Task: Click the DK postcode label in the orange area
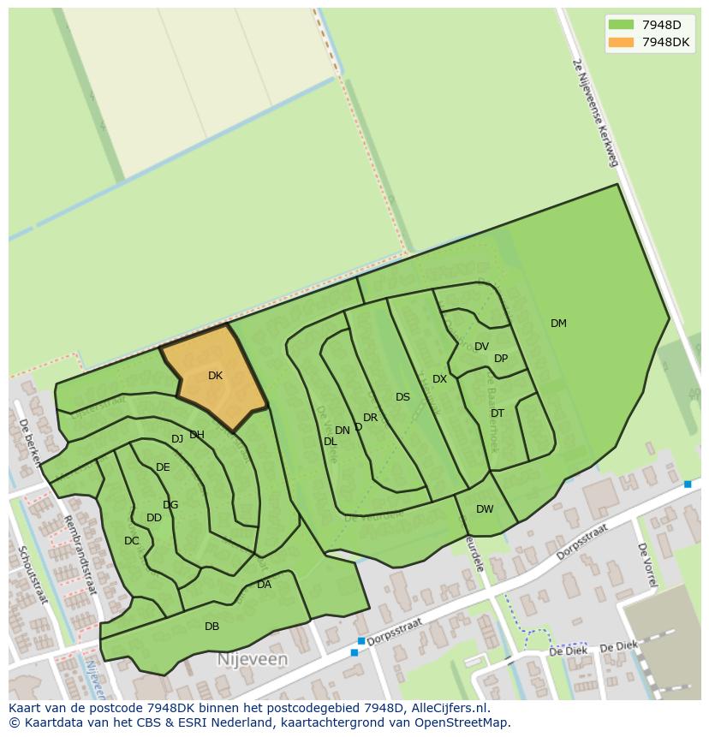coord(215,376)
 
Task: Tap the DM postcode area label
coord(558,324)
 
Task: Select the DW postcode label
coord(485,509)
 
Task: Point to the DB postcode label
coord(212,627)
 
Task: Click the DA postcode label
coord(264,585)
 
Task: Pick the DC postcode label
coord(131,541)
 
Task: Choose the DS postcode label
coord(402,397)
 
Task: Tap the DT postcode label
coord(497,413)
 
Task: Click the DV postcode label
coord(481,347)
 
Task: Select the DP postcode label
coord(501,359)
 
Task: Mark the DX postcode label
coord(439,379)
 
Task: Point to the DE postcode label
coord(163,467)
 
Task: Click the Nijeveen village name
coord(253,660)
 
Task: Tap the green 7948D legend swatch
coord(622,25)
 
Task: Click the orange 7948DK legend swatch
coord(622,42)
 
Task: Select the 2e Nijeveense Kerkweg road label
coord(595,111)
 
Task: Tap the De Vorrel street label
coord(646,565)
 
